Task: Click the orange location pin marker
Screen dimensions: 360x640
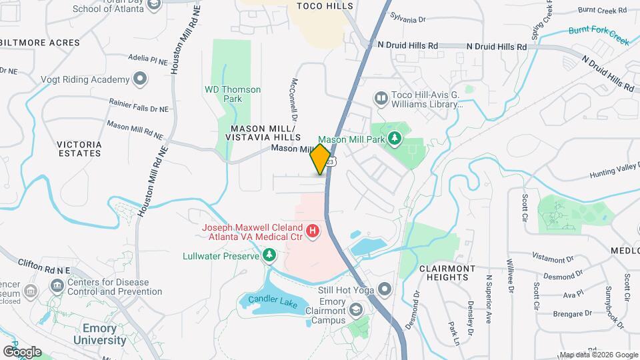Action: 321,159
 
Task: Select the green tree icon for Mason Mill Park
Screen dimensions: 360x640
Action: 394,138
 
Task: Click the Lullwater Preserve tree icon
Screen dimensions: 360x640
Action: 269,255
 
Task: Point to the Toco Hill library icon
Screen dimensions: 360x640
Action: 381,99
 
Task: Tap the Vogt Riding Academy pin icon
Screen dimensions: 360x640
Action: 139,80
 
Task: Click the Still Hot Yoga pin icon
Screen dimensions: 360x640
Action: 384,289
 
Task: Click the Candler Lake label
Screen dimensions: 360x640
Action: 273,303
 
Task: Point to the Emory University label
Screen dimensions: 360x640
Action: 105,334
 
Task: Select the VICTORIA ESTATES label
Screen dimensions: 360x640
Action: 79,149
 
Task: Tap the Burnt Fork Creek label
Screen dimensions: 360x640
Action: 599,35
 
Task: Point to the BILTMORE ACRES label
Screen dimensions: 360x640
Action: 40,43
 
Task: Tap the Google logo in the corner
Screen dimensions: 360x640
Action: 21,351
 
